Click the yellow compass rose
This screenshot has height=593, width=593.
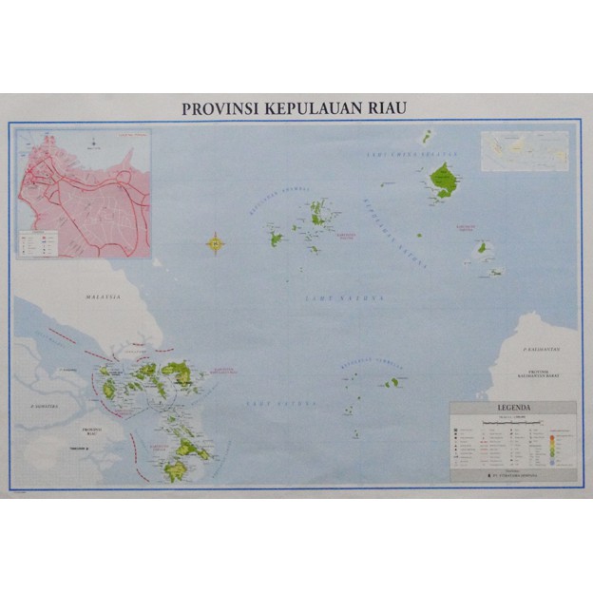(x=216, y=244)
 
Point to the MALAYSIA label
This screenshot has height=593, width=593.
(x=102, y=297)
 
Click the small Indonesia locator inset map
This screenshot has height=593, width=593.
(x=524, y=150)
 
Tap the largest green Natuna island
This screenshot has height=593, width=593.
(x=442, y=178)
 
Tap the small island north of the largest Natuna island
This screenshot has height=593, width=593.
(x=427, y=136)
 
